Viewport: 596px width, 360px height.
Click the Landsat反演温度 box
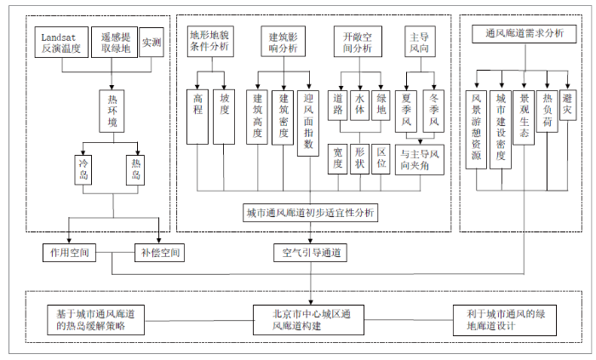coord(60,43)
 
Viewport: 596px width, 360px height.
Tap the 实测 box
coord(152,43)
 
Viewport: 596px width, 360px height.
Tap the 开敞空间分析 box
coord(358,43)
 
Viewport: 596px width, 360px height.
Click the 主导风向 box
coord(419,43)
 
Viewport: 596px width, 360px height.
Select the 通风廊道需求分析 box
coord(524,34)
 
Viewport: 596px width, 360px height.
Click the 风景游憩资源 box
coord(477,129)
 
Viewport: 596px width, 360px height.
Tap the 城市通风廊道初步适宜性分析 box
coord(310,212)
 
